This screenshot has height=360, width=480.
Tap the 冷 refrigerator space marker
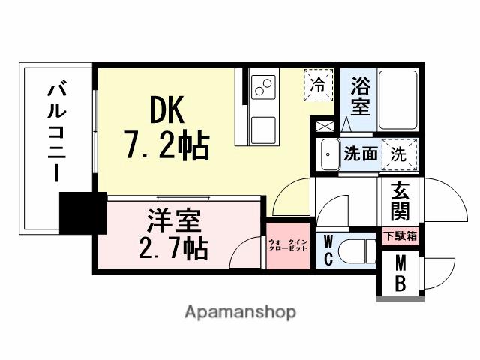coord(319,84)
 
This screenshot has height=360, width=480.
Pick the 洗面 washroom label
coord(360,155)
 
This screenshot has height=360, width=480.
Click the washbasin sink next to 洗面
coord(328,155)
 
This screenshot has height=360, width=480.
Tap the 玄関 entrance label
coord(400,202)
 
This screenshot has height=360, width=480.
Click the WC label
coord(328,250)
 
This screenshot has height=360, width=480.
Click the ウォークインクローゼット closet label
coord(288,244)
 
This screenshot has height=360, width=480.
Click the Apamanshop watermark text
coord(240,311)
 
